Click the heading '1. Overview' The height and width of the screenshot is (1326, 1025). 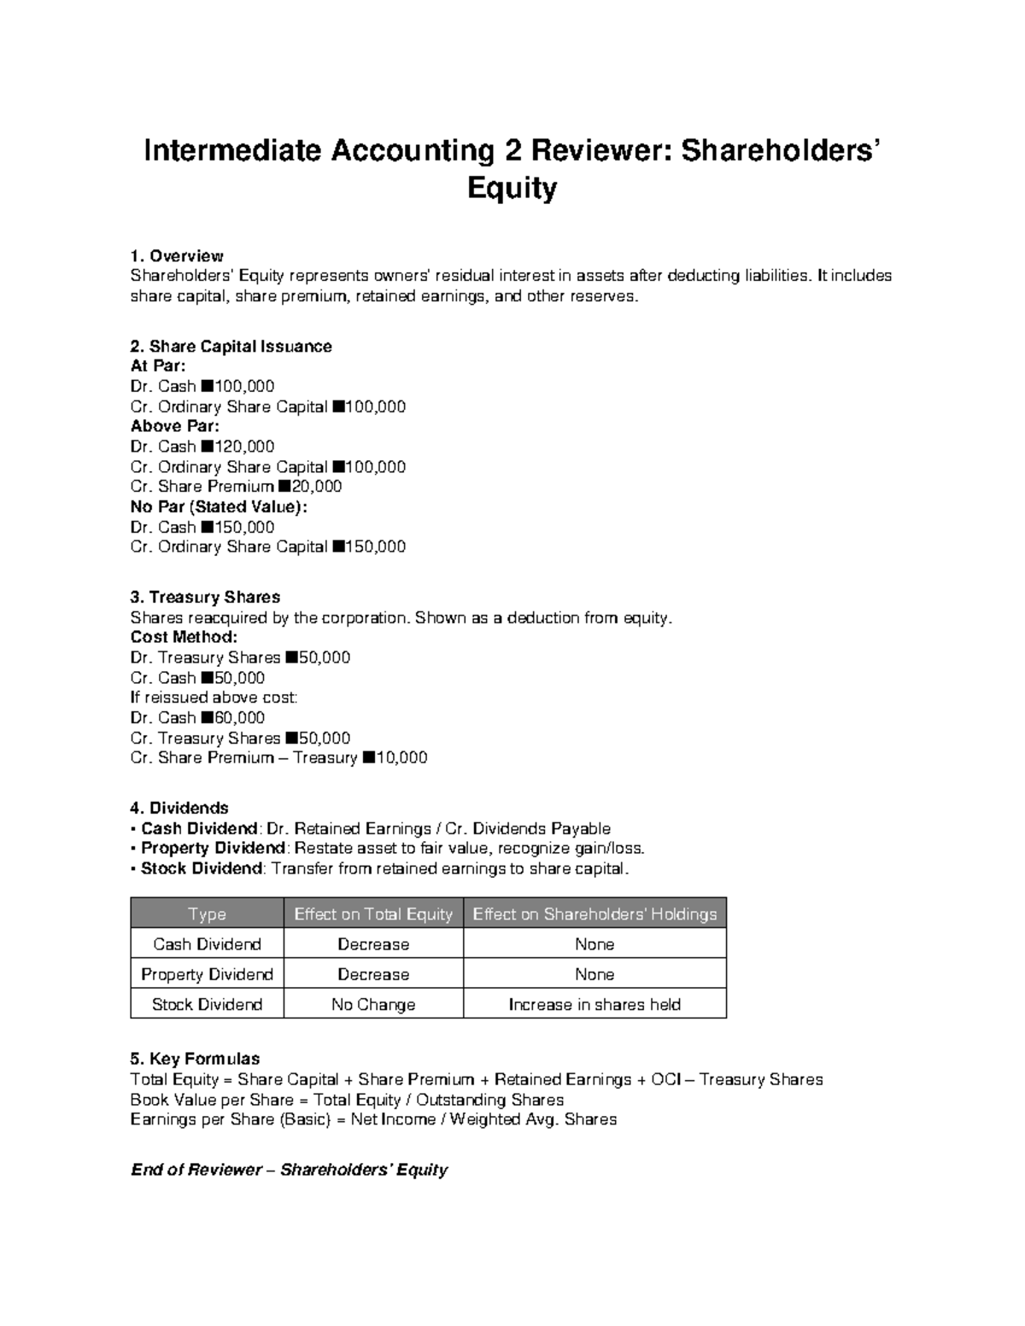tap(176, 256)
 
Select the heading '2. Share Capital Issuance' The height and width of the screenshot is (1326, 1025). tap(231, 347)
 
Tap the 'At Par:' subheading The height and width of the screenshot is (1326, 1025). tap(157, 366)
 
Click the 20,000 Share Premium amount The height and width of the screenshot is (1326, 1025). tap(316, 487)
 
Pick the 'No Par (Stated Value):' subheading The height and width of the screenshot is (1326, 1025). tap(219, 507)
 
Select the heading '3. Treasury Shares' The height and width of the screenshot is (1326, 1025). tap(205, 598)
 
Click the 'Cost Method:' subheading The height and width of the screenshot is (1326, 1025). tap(184, 638)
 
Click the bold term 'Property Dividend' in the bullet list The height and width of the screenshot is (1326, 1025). tap(213, 849)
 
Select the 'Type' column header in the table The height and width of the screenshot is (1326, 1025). tap(207, 914)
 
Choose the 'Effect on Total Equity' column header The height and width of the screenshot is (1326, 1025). tap(373, 914)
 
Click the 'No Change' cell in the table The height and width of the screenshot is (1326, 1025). tap(373, 1005)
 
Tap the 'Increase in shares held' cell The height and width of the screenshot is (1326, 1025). tap(594, 1005)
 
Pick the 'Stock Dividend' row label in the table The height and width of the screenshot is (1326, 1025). tap(207, 1005)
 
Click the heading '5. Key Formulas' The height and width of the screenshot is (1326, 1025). tap(195, 1060)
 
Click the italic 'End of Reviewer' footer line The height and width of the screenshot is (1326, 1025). tap(289, 1170)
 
